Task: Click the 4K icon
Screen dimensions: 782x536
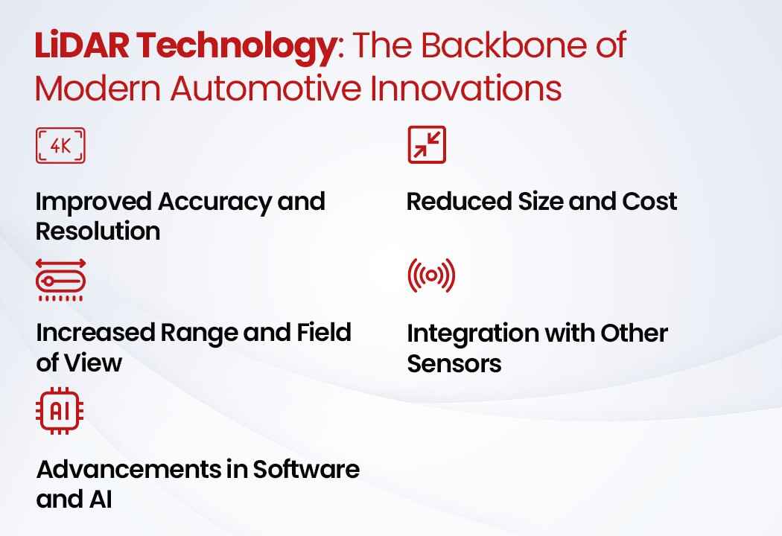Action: (x=60, y=146)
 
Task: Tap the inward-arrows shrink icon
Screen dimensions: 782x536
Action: (x=427, y=145)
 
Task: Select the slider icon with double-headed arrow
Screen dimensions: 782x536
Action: (x=60, y=280)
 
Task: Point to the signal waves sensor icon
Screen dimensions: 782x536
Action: (x=431, y=275)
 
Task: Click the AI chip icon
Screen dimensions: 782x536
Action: (x=60, y=411)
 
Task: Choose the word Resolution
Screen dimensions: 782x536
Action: (x=98, y=232)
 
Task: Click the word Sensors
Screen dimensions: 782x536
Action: (x=454, y=363)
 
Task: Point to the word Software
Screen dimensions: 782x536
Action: (x=305, y=469)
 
